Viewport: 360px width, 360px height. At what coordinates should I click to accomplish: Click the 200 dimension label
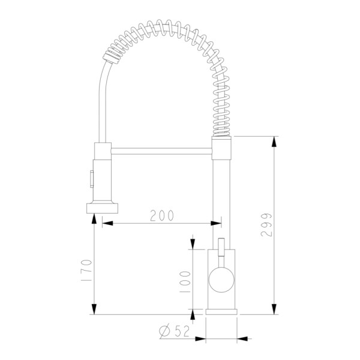pos(162,215)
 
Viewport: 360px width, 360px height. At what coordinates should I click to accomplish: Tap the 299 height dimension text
pos(266,225)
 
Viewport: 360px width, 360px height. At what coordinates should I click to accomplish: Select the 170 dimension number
pos(86,270)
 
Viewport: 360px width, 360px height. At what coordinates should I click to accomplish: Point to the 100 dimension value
pos(185,281)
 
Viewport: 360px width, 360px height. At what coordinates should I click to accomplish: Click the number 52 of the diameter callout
pos(182,331)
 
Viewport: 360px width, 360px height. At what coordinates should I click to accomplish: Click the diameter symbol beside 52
pos(165,331)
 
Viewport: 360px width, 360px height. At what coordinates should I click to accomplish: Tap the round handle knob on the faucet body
pos(221,280)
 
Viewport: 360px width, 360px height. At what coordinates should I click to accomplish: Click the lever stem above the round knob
pos(221,253)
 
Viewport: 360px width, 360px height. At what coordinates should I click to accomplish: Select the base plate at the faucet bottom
pos(221,312)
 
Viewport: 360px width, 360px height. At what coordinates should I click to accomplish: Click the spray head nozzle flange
pos(102,208)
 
